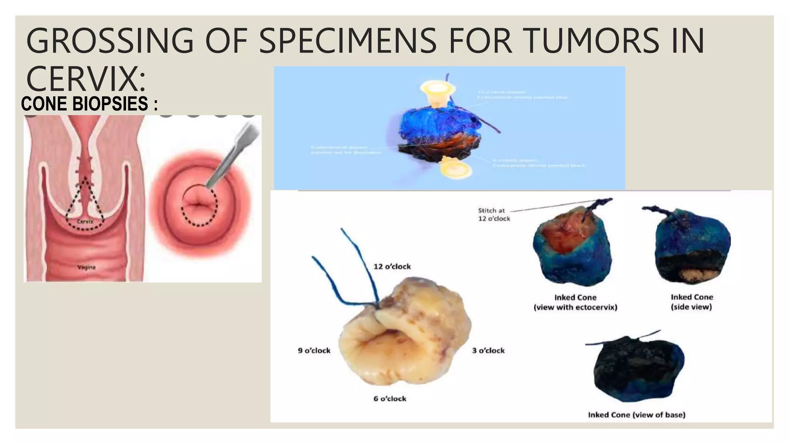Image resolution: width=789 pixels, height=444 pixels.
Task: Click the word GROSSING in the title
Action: (109, 40)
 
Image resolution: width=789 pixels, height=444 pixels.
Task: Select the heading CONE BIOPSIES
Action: (89, 104)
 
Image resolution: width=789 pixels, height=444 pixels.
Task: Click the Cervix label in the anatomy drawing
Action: (84, 222)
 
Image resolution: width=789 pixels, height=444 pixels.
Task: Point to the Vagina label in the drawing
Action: (86, 267)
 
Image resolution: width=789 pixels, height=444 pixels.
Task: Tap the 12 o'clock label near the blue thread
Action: (392, 266)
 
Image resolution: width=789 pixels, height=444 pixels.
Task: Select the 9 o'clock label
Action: (314, 350)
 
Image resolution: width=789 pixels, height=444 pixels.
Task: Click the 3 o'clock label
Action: (488, 350)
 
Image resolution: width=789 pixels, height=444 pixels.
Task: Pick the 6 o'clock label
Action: (389, 399)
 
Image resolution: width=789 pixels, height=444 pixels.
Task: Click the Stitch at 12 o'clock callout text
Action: (494, 215)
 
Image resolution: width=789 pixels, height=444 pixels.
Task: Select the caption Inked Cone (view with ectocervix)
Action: (575, 302)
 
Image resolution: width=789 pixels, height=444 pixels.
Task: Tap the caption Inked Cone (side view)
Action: (692, 302)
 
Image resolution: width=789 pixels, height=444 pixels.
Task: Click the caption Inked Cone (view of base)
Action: (636, 415)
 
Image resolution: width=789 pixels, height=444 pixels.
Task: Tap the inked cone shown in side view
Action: (692, 247)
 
